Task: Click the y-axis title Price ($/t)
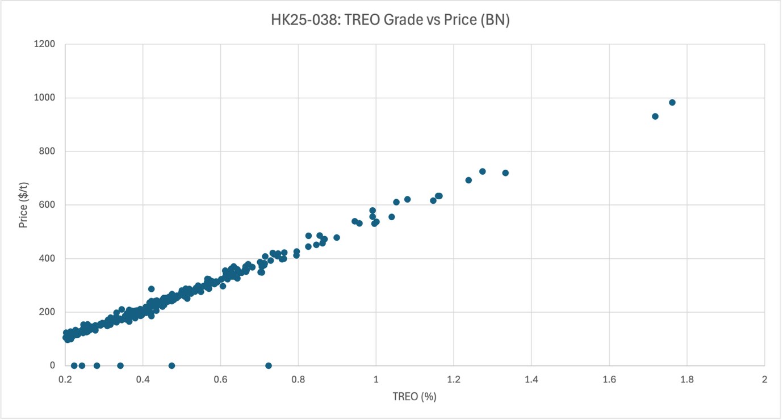tap(23, 204)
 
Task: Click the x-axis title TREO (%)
tap(414, 397)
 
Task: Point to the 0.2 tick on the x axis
tap(65, 379)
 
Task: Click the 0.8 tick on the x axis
tap(298, 379)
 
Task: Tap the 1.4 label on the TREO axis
tap(531, 379)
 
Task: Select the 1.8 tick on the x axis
tap(686, 379)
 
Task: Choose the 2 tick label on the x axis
tap(764, 379)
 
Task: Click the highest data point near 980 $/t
tap(672, 103)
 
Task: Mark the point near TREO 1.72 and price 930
tap(655, 116)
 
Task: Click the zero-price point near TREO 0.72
tap(269, 366)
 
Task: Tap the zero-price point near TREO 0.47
tap(171, 366)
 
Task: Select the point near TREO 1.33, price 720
tap(505, 173)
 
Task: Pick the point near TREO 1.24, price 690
tap(468, 180)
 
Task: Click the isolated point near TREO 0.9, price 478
tap(337, 238)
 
